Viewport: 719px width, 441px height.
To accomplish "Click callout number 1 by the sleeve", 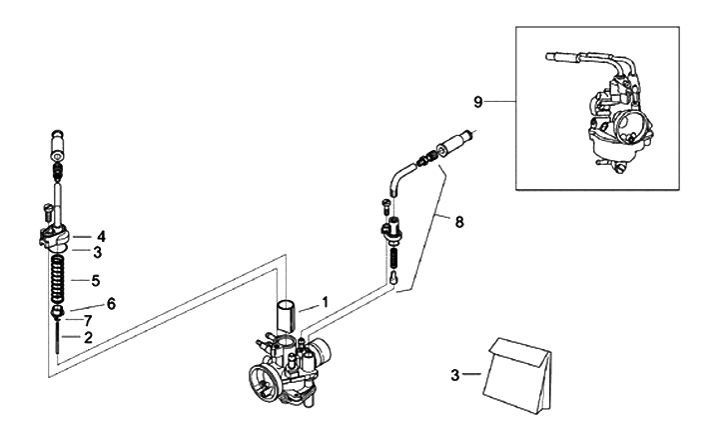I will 326,300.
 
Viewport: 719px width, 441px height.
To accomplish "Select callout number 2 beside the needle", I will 89,337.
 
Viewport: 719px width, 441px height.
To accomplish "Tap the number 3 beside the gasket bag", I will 455,375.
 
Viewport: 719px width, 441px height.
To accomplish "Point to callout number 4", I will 101,237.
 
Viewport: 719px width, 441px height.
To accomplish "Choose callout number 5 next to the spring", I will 96,280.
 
